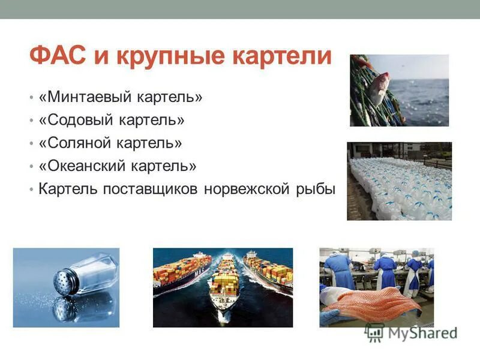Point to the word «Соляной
pyautogui.click(x=73, y=143)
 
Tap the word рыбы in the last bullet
pyautogui.click(x=314, y=188)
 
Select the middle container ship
pyautogui.click(x=223, y=282)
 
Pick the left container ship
pyautogui.click(x=180, y=270)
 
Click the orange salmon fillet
pyautogui.click(x=372, y=300)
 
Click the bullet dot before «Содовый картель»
pyautogui.click(x=31, y=121)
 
